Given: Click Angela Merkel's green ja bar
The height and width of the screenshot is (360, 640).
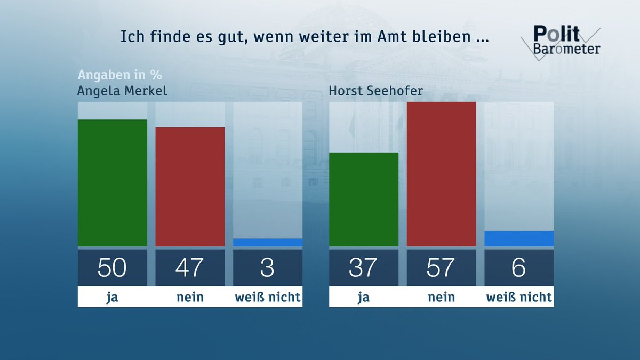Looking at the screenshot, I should tap(112, 183).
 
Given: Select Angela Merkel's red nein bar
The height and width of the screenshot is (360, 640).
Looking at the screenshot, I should tap(190, 187).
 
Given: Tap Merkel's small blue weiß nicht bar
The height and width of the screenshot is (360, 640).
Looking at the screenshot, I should tap(267, 242).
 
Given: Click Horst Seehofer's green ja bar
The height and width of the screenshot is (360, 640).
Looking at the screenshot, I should tap(363, 199).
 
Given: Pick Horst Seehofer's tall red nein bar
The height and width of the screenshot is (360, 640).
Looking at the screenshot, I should tap(441, 174).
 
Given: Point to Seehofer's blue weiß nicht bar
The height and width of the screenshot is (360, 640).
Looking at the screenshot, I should tap(518, 238).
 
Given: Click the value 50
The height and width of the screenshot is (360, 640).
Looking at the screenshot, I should tap(112, 267).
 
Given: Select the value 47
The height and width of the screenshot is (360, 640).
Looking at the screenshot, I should tap(190, 267).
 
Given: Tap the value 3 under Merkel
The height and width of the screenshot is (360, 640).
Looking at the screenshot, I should tap(267, 267).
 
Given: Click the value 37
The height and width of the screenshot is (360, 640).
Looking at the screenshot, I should tap(363, 267).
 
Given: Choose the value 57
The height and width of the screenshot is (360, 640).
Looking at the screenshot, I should tap(441, 267).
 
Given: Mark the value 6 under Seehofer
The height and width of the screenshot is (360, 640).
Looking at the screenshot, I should tap(518, 267).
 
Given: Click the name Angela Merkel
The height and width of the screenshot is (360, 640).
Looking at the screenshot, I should tap(122, 90).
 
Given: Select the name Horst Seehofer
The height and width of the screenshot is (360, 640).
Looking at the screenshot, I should tap(375, 90).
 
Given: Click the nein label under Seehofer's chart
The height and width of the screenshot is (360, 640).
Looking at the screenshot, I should tap(441, 297).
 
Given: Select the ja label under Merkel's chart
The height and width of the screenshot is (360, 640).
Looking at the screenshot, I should tap(112, 297).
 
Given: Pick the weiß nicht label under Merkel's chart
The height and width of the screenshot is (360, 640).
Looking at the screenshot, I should tap(267, 297).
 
